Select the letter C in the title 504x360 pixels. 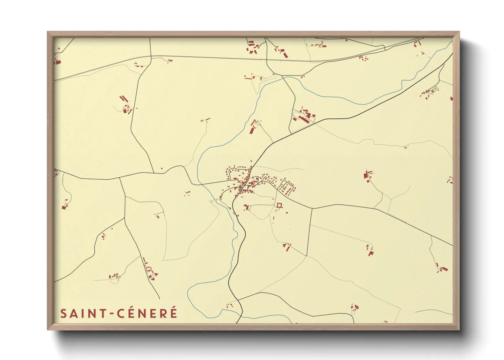point(121,313)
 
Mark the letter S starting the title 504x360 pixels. point(63,313)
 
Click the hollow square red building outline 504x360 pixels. point(280,205)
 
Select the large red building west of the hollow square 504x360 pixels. point(247,207)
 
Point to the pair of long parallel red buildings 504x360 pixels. point(124,99)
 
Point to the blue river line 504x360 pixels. point(341,97)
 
